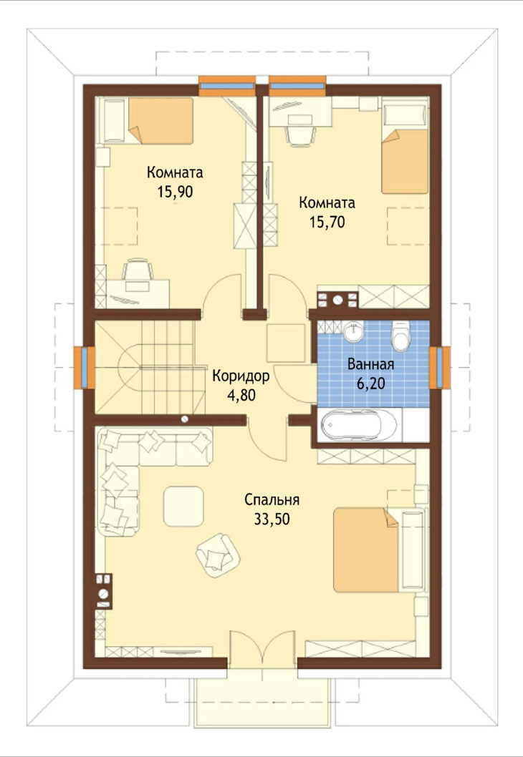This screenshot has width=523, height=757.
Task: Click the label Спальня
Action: tap(272, 499)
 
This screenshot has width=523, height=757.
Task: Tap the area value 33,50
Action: tap(272, 519)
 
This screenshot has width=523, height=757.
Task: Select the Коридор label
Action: tap(241, 376)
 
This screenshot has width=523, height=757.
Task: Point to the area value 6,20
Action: tap(370, 384)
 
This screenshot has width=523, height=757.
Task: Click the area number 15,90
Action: tap(175, 192)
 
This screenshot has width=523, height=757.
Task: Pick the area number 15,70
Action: tap(327, 222)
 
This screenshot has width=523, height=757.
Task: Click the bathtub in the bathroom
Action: tap(359, 425)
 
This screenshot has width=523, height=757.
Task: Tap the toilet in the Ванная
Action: tap(400, 336)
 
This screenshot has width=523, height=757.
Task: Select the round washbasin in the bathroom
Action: tap(355, 331)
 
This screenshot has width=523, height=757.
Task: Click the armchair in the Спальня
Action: tap(218, 555)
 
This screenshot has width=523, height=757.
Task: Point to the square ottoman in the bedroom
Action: tap(183, 507)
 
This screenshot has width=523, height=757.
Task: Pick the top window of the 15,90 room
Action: tap(226, 86)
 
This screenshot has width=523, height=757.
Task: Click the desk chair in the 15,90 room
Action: tap(138, 271)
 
